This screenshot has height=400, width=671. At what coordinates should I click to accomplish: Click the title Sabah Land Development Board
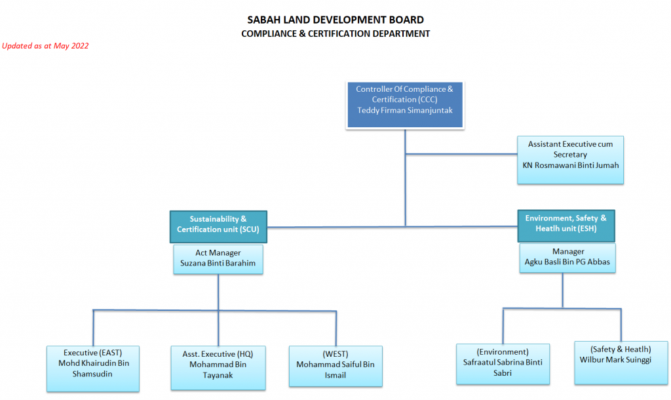tap(335, 20)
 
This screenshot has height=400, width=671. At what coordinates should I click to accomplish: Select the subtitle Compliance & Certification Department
tap(335, 33)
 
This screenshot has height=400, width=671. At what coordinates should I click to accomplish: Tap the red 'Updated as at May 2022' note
tap(45, 46)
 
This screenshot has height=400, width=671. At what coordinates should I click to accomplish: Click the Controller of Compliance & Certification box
tap(405, 105)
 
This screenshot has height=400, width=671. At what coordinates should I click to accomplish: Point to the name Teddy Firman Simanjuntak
tap(405, 110)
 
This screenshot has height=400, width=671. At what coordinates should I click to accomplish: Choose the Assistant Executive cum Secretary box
tap(570, 160)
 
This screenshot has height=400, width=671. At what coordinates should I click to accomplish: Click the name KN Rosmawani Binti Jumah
tap(571, 165)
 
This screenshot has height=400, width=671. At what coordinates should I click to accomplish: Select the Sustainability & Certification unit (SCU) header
tap(218, 226)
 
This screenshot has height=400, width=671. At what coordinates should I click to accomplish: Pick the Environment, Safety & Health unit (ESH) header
tap(566, 226)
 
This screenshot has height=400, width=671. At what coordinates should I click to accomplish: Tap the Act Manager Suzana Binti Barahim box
tap(218, 259)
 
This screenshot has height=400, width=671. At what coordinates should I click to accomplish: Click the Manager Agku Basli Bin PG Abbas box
tap(567, 258)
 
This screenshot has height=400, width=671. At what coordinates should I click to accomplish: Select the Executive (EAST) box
tap(93, 369)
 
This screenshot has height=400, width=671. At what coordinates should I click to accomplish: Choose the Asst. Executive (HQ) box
tap(218, 367)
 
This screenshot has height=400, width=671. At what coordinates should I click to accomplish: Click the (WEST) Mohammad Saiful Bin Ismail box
tap(335, 366)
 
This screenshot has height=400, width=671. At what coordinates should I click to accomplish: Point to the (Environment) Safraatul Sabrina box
tap(503, 364)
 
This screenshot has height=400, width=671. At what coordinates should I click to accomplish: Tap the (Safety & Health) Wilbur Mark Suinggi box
tap(621, 363)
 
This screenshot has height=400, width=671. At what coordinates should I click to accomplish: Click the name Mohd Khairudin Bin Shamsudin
tap(93, 369)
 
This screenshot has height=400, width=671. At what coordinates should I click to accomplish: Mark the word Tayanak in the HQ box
tap(218, 375)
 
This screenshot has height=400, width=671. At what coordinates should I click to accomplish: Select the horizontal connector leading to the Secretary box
tap(461, 153)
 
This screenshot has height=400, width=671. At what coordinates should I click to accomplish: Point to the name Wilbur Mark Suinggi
tap(615, 360)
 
